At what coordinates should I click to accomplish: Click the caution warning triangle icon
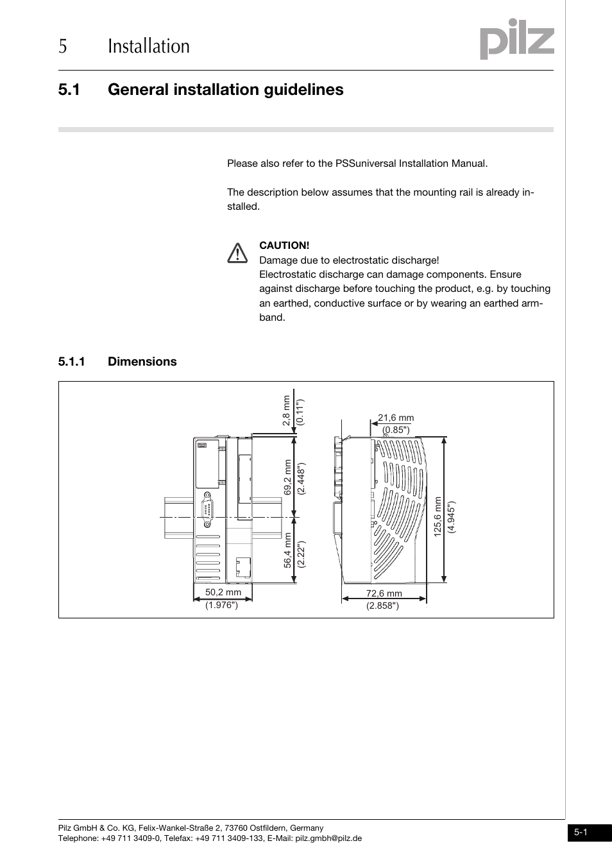[x=237, y=253]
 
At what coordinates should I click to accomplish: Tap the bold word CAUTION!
[x=284, y=245]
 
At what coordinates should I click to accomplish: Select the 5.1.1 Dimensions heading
[x=117, y=362]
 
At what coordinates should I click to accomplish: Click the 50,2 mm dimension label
[x=223, y=592]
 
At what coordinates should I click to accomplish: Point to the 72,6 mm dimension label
[x=384, y=593]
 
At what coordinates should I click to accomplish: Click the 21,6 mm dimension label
[x=396, y=418]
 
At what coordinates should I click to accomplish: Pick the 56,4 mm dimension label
[x=288, y=550]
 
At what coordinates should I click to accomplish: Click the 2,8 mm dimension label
[x=287, y=411]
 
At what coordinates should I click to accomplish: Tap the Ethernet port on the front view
[x=243, y=566]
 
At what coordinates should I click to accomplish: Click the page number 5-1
[x=581, y=833]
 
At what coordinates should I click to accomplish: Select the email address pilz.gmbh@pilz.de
[x=328, y=838]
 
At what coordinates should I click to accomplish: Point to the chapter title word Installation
[x=149, y=46]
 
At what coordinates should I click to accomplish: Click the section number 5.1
[x=69, y=90]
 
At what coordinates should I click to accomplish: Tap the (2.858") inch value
[x=383, y=606]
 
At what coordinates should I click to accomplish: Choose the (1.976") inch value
[x=222, y=605]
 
